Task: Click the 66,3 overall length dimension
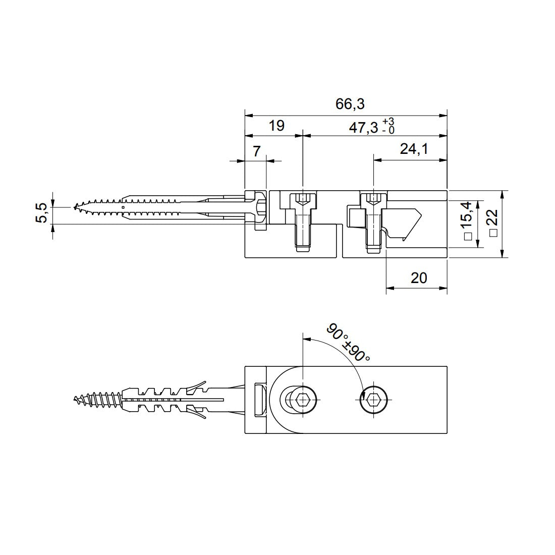350,104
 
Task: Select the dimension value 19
276,126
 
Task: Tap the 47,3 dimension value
363,128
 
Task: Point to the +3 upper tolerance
388,122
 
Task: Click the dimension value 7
256,151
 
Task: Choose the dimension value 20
419,278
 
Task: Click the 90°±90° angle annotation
349,343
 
